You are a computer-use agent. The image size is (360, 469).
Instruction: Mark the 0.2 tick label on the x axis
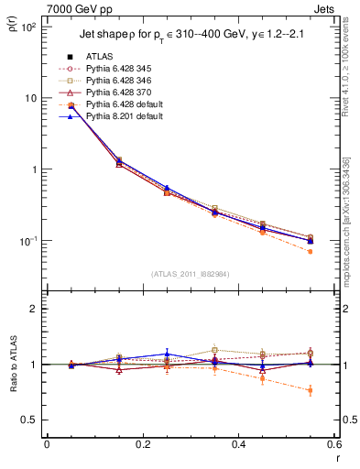[x=142, y=446]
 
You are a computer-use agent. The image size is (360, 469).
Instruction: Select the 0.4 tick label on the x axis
[x=237, y=446]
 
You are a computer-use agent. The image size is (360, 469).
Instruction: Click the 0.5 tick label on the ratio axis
[x=31, y=420]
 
